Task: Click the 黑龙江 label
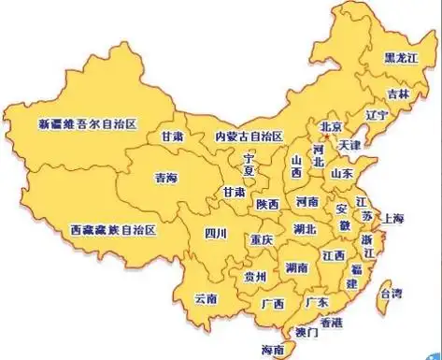click(x=403, y=56)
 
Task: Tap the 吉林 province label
click(x=399, y=94)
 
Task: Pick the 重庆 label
click(x=261, y=240)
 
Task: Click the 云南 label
click(x=206, y=299)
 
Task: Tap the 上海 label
click(x=392, y=219)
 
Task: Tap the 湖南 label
click(x=299, y=266)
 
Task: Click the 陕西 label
click(x=268, y=204)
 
